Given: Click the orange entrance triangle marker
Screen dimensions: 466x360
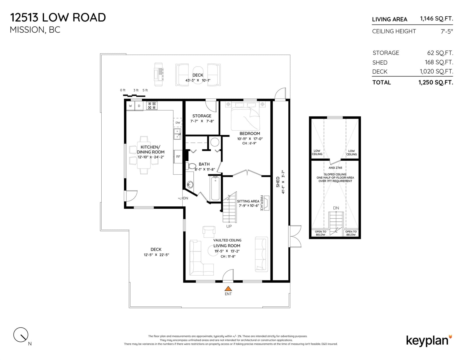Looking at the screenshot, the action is (228, 288).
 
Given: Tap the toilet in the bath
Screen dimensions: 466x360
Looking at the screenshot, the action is (191, 166).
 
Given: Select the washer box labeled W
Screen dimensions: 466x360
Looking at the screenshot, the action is (130, 106).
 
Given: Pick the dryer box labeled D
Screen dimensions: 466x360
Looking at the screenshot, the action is (139, 106).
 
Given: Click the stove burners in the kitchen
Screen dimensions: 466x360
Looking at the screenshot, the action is (152, 106).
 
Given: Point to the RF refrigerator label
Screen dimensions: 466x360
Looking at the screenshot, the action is (178, 157).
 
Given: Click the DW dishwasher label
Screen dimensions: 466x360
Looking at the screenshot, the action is (178, 123).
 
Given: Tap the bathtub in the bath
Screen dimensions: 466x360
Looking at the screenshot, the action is (215, 188).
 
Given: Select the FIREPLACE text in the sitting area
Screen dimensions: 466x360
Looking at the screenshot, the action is (262, 203).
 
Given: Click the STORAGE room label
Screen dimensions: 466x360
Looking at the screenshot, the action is (202, 116).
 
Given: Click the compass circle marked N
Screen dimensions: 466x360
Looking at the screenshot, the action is (21, 335).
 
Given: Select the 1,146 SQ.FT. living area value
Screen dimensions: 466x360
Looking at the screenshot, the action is (437, 19).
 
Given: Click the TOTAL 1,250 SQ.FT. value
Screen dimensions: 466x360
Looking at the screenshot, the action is (436, 82).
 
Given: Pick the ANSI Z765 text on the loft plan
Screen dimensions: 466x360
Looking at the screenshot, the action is (336, 168).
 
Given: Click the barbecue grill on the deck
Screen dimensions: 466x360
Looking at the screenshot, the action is (158, 74).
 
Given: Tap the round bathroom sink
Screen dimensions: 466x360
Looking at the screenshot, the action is (190, 184).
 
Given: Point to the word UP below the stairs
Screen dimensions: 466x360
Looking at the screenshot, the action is (229, 226).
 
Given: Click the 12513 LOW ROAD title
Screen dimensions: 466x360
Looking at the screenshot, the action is (58, 17).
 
